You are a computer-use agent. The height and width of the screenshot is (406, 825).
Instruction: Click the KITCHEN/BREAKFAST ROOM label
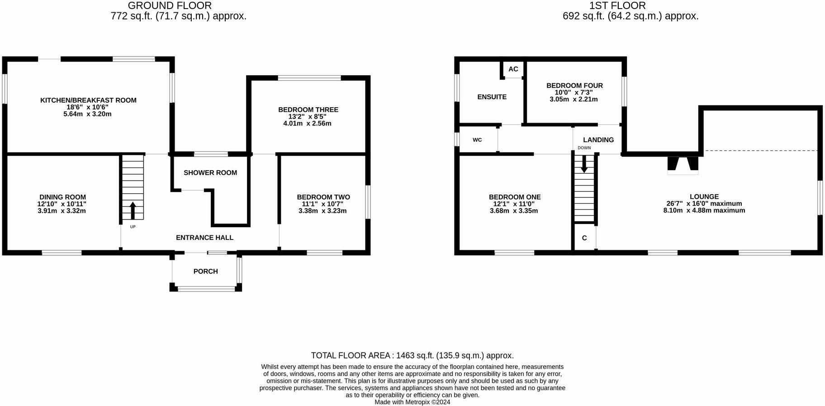pyautogui.click(x=88, y=100)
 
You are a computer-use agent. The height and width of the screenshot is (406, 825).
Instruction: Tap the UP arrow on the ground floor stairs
pyautogui.click(x=133, y=211)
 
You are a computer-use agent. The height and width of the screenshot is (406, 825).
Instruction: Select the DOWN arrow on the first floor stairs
pyautogui.click(x=584, y=163)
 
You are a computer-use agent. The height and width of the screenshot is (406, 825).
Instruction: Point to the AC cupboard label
pyautogui.click(x=513, y=69)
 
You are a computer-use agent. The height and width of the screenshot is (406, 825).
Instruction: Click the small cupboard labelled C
pyautogui.click(x=584, y=238)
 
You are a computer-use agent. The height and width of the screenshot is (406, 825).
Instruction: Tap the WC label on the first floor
pyautogui.click(x=477, y=140)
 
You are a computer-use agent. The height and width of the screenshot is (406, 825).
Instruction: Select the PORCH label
pyautogui.click(x=205, y=271)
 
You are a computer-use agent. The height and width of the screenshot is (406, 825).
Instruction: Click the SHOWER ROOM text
pyautogui.click(x=210, y=172)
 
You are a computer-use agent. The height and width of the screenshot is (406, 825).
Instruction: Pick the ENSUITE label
pyautogui.click(x=492, y=97)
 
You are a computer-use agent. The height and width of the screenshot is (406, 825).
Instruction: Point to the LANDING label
pyautogui.click(x=598, y=140)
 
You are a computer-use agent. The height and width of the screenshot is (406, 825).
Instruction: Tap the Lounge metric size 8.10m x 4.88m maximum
pyautogui.click(x=704, y=210)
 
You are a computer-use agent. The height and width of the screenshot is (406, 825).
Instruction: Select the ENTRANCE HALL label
pyautogui.click(x=204, y=237)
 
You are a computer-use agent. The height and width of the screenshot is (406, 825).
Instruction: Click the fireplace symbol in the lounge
pyautogui.click(x=683, y=165)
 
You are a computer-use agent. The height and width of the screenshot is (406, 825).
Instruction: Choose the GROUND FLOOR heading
pyautogui.click(x=170, y=6)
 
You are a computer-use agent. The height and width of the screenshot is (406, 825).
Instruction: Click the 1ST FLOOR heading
pyautogui.click(x=617, y=6)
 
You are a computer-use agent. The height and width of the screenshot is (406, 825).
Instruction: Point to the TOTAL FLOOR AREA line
pyautogui.click(x=412, y=355)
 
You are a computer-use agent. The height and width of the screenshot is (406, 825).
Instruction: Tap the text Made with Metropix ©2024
pyautogui.click(x=412, y=402)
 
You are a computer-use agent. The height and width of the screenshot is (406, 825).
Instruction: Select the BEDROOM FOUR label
pyautogui.click(x=574, y=86)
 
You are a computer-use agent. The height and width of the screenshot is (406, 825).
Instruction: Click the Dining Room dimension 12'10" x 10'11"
pyautogui.click(x=62, y=204)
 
